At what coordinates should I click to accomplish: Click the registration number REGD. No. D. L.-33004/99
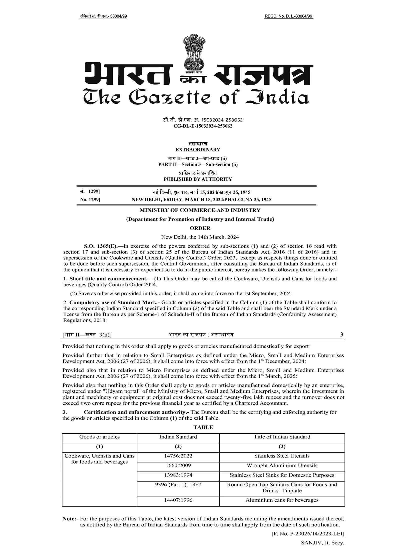tap(288, 16)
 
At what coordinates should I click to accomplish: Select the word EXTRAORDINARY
tap(198, 150)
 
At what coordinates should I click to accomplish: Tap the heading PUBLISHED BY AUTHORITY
tap(198, 179)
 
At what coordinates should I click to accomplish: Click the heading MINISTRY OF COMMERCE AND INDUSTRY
tap(200, 210)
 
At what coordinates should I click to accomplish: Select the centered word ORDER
tap(200, 228)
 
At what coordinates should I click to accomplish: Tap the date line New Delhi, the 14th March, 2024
tap(200, 237)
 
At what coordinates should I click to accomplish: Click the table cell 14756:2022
tap(178, 456)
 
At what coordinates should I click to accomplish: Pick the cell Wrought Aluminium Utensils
tap(282, 465)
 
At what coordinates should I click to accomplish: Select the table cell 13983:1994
tap(178, 475)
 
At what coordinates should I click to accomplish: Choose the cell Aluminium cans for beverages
tap(282, 500)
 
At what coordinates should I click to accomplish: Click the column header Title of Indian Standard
tap(282, 437)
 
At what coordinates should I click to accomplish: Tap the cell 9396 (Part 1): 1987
tap(178, 485)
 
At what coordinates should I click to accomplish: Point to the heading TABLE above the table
tap(203, 427)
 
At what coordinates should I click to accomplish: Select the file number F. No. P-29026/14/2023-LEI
tap(308, 534)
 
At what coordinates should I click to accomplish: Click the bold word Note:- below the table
tap(70, 519)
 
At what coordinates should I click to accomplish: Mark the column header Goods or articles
tap(99, 437)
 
